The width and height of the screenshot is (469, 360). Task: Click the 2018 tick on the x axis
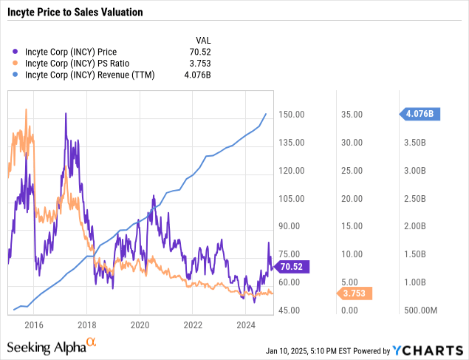87,325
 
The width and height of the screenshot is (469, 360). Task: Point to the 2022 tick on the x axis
194,325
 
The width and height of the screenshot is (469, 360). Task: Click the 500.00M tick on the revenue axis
421,310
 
